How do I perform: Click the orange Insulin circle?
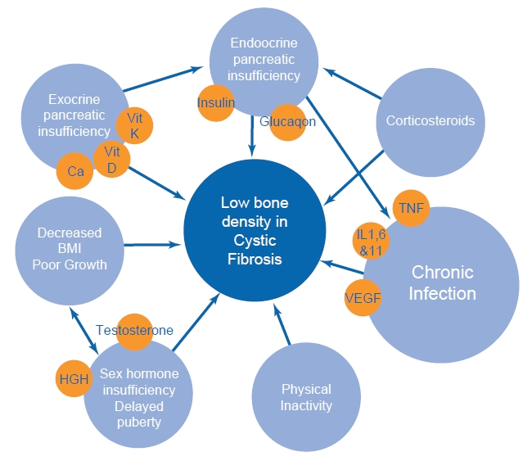[216, 103]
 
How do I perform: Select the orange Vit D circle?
[112, 159]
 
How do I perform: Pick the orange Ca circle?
[75, 172]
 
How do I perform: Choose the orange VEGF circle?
[363, 297]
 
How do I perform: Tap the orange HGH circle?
[73, 379]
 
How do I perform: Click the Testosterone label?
[135, 330]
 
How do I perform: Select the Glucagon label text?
[287, 122]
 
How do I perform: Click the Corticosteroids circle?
[430, 120]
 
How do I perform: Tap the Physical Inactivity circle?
[306, 397]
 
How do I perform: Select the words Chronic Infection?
[442, 282]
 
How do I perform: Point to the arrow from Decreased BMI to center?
[152, 244]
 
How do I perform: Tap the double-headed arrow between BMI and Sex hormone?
[83, 328]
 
